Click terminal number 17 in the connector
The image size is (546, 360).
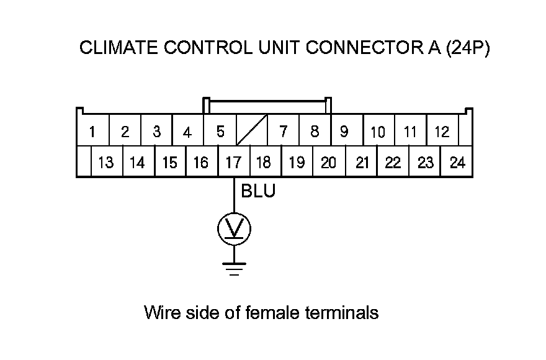pos(233,163)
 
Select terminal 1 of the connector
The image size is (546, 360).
pos(92,131)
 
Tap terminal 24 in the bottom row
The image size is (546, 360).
pos(457,163)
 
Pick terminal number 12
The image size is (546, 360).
pos(442,131)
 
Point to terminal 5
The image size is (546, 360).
pos(220,131)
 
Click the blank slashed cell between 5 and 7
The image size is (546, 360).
pos(252,131)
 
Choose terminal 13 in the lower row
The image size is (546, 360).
pos(106,163)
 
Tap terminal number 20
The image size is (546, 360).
pos(328,163)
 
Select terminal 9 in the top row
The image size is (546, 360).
pos(344,131)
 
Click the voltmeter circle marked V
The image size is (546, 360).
pos(234,230)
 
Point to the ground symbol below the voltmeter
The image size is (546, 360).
pos(234,267)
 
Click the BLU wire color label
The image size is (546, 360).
pos(257,192)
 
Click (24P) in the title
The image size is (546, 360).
pos(468,48)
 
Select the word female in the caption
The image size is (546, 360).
pos(275,312)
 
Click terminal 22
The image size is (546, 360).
pos(393,163)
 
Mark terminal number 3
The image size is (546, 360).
pos(156,131)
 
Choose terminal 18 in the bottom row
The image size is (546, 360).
pos(264,163)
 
